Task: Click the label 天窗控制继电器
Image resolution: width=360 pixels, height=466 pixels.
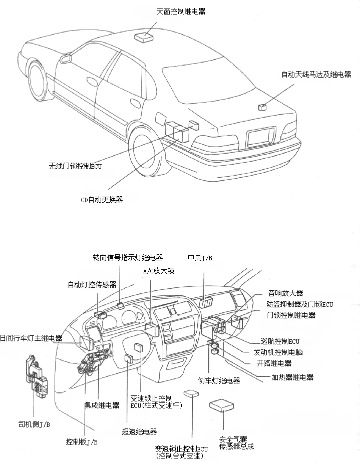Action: [x=181, y=11]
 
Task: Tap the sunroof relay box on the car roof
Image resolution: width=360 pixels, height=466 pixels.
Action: [x=144, y=36]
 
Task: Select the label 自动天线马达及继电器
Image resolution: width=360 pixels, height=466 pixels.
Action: [x=316, y=75]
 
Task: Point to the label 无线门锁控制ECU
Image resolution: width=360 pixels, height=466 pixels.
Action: [x=75, y=166]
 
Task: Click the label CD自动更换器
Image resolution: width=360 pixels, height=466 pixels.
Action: [x=102, y=199]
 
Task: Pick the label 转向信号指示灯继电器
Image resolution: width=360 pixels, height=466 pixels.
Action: [x=128, y=258]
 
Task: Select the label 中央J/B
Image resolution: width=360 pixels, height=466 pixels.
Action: [x=200, y=258]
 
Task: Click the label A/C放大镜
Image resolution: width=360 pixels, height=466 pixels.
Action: [x=159, y=271]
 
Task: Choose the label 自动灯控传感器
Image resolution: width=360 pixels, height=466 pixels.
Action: [x=92, y=284]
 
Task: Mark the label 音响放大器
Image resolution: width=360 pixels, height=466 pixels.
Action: [x=285, y=293]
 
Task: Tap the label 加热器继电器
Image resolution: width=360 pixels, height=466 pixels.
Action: [x=292, y=377]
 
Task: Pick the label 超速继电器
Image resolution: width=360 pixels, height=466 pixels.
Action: [x=139, y=431]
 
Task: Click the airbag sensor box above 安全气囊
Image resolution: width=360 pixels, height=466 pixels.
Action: [x=223, y=405]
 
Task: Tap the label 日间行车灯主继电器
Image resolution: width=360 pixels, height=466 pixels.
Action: [x=31, y=338]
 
